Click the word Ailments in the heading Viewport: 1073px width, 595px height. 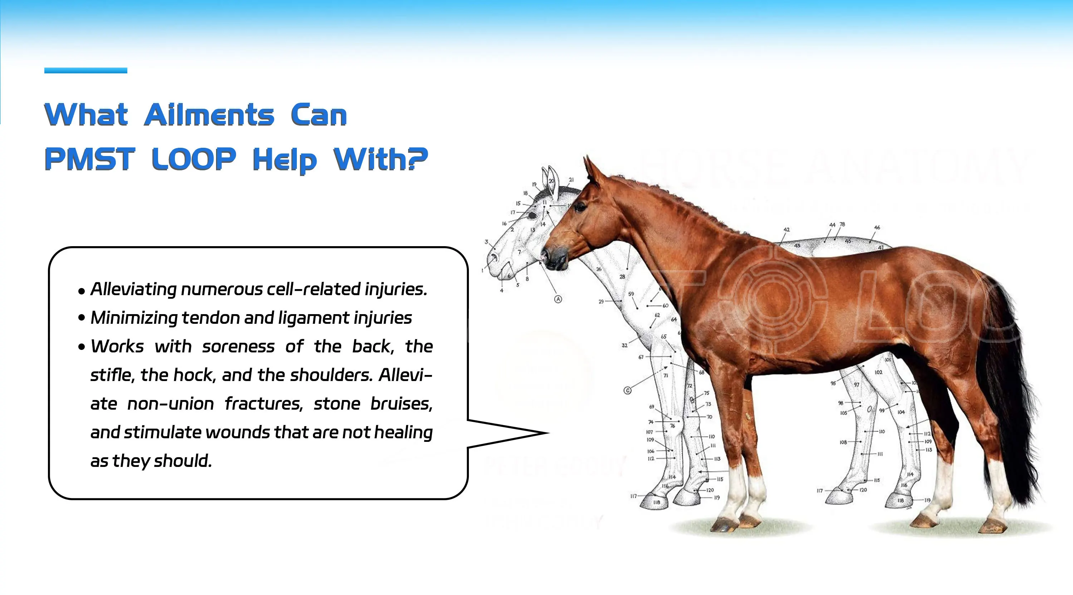(x=209, y=114)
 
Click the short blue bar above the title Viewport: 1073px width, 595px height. (x=85, y=70)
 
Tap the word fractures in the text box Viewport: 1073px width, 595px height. (x=263, y=404)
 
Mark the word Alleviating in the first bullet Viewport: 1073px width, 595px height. (x=133, y=289)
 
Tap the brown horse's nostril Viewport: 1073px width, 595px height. (x=545, y=254)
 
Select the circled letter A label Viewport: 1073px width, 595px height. (x=558, y=299)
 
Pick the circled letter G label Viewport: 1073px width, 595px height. (x=627, y=390)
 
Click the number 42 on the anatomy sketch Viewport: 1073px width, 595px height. (x=787, y=230)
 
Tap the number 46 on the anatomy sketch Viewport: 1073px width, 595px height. (x=877, y=228)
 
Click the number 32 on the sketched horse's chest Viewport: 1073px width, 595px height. (x=624, y=345)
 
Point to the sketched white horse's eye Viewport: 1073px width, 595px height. (x=533, y=215)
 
